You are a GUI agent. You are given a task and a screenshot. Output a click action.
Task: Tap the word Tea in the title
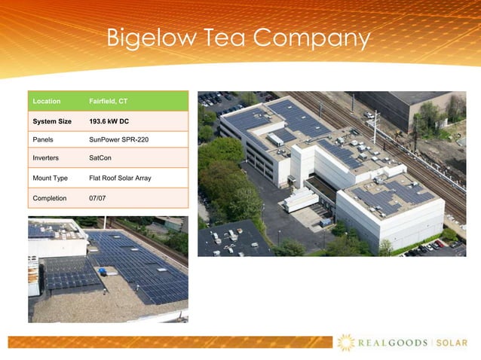[x=224, y=38]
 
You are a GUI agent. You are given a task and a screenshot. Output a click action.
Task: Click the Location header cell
[x=46, y=101]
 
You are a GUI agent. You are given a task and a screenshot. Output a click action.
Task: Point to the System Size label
[x=52, y=121]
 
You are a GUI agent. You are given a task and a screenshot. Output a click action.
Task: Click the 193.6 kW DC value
[x=109, y=121]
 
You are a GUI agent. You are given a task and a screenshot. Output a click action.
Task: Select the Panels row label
[x=43, y=140]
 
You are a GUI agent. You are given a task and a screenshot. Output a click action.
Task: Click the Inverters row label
[x=46, y=159]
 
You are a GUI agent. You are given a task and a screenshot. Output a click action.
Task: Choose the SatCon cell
[x=100, y=159]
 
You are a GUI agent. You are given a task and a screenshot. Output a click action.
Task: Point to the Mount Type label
[x=50, y=178]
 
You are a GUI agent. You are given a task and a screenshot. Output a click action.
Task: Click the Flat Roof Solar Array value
[x=120, y=178]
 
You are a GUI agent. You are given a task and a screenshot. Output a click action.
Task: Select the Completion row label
[x=49, y=198]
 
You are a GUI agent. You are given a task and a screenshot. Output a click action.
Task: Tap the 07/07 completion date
[x=97, y=198]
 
